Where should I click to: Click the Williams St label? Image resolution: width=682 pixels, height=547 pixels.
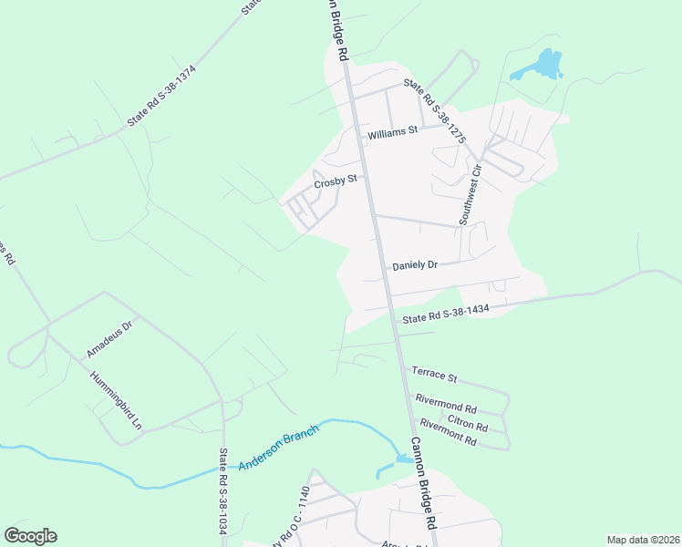coord(392,132)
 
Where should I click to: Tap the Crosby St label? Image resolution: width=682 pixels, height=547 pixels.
coord(334,182)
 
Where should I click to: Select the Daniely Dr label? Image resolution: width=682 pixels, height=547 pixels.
coord(415,265)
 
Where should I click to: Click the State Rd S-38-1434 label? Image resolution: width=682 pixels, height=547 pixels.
coord(447,314)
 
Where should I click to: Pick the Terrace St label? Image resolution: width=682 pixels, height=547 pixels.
coord(434,375)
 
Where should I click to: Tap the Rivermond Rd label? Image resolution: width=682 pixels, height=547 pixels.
coord(446,403)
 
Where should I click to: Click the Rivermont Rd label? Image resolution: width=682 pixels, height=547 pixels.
coord(448,432)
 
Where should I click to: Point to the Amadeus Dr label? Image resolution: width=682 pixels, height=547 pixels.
coord(109,338)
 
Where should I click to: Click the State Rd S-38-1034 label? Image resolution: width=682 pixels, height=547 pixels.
coord(222,493)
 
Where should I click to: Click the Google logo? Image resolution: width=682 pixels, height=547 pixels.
coord(30,536)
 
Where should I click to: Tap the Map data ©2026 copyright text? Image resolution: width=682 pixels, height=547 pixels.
coord(642,540)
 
